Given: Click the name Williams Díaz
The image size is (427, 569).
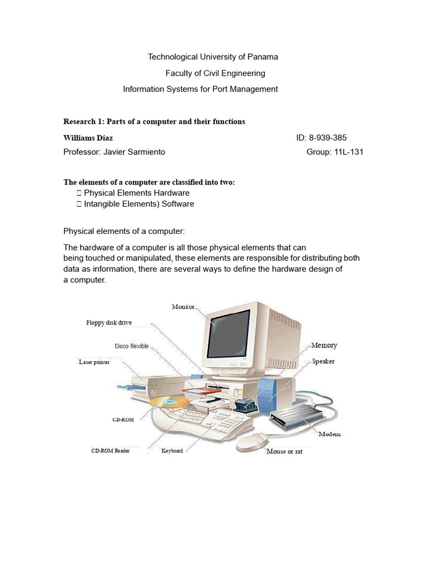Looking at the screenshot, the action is (x=88, y=138).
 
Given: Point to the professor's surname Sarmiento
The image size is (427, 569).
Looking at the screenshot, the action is (x=146, y=152).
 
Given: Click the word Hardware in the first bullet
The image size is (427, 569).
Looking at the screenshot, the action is (x=170, y=193).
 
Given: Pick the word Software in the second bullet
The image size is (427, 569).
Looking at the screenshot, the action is (x=175, y=204).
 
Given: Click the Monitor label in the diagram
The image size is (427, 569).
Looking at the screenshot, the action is (x=183, y=307).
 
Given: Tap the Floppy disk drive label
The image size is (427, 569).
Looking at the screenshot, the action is (x=109, y=322).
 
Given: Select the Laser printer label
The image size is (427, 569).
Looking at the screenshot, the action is (x=95, y=362).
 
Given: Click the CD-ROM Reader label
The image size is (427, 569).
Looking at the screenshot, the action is (x=111, y=451).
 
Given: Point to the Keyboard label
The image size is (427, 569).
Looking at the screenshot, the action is (x=172, y=451).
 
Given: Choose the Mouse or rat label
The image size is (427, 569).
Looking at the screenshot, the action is (x=284, y=451).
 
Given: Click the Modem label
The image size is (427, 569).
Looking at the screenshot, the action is (x=330, y=434).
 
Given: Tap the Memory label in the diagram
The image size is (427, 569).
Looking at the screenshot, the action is (x=324, y=345).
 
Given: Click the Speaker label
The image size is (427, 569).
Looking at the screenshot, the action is (x=323, y=361).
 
